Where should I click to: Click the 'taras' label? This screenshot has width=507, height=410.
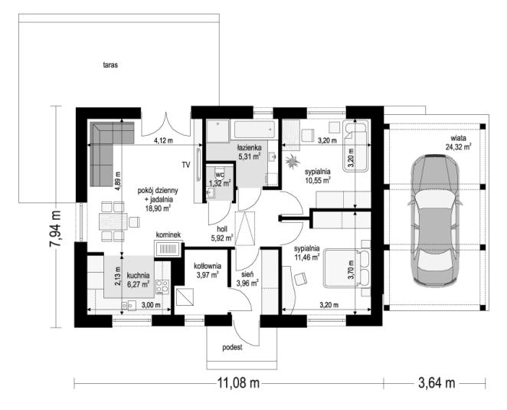click(x=110, y=65)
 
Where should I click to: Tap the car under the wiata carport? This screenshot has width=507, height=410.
click(x=434, y=221)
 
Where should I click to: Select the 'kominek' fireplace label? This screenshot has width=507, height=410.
click(x=168, y=235)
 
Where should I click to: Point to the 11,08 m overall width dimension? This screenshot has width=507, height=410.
click(x=238, y=383)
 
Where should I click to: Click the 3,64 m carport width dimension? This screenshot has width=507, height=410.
click(x=437, y=383)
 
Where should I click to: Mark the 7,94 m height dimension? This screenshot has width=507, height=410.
click(x=55, y=228)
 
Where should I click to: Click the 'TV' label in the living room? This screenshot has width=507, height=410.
click(x=185, y=165)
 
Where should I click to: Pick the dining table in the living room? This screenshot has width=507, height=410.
click(x=113, y=221)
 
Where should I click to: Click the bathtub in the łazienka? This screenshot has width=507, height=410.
click(x=254, y=130)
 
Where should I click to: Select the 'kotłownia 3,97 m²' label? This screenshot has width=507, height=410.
click(x=208, y=271)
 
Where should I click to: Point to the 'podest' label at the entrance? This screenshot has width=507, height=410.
click(x=232, y=348)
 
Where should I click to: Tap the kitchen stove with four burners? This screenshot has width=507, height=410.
click(x=162, y=287)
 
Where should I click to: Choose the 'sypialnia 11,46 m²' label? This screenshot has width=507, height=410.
click(x=307, y=253)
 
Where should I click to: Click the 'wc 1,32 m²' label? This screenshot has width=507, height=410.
click(x=220, y=179)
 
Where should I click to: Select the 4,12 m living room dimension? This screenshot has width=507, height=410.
click(x=163, y=141)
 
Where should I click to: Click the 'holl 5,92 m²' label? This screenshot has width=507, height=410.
click(x=222, y=234)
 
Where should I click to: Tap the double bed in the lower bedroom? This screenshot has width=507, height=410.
click(x=347, y=268)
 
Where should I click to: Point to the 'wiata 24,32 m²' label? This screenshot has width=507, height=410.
click(x=459, y=143)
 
